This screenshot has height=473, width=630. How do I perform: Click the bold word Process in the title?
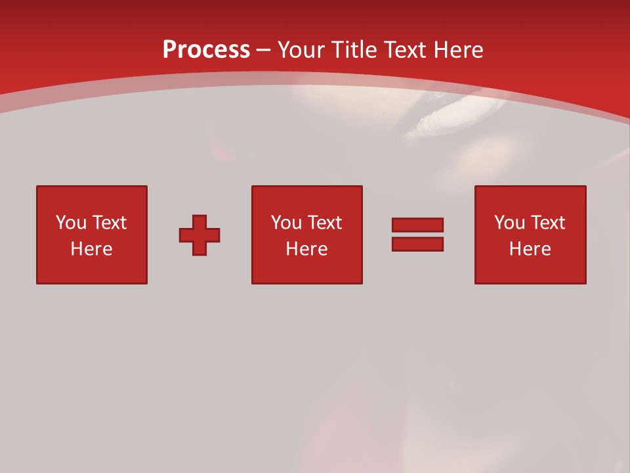206,50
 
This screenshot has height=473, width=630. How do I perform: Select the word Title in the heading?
354,50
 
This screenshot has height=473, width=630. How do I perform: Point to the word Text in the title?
407,50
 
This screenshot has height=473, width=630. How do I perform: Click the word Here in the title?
459,50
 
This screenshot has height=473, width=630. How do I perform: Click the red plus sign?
199,235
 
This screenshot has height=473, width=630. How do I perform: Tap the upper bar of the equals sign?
417,225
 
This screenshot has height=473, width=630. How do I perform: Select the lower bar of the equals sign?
417,244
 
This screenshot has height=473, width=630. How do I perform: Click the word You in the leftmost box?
71,223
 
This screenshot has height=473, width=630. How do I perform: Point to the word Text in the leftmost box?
109,223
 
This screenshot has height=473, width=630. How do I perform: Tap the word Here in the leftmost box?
92,249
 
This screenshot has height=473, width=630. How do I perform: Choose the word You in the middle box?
286,223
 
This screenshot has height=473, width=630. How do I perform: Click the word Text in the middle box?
324,223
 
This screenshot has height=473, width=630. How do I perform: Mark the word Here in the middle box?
307,249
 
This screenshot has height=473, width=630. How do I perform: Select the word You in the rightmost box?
509,223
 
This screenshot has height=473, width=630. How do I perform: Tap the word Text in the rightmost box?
547,223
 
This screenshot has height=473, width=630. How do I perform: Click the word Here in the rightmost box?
530,249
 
